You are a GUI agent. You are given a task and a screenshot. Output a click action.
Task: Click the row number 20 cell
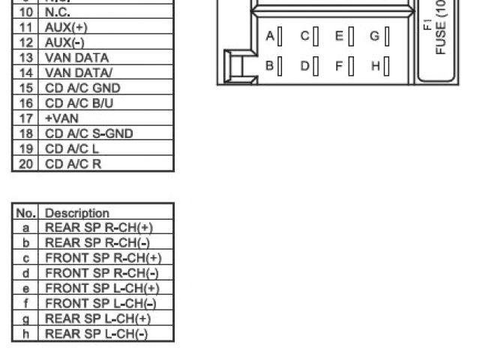(x=26, y=163)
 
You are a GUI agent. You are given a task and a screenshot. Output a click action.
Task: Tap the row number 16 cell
(x=26, y=103)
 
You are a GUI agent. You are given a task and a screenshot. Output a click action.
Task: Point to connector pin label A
(x=270, y=36)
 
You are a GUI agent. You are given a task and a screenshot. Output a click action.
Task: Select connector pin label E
(x=339, y=36)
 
